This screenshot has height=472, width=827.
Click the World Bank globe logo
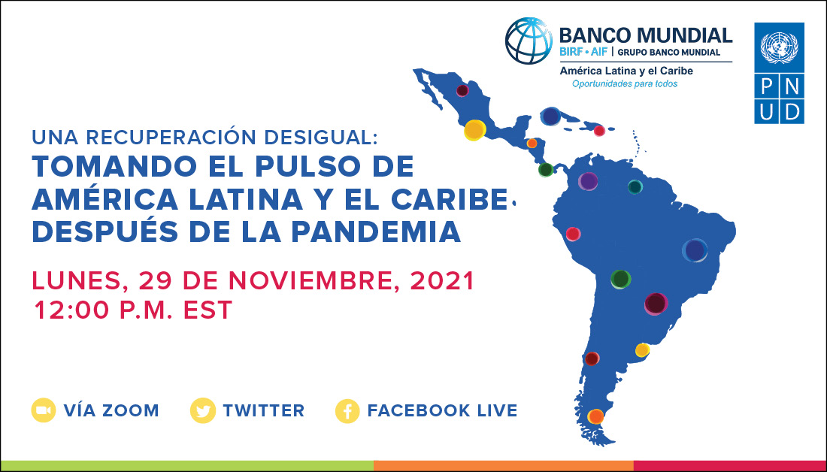pos(529,41)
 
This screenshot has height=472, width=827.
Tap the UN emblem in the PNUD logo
pos(780,47)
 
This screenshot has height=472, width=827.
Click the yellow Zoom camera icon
pos(44,410)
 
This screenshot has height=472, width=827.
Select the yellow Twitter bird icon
pos(202,410)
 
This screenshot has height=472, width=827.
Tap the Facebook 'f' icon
pos(347,410)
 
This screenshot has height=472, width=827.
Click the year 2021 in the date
pos(444,281)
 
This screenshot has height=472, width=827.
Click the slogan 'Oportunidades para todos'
pos(624,83)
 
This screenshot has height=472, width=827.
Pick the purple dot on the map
pos(588,181)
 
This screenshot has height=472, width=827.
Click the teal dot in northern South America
pos(635,186)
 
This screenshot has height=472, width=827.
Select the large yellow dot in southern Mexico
pos(474,130)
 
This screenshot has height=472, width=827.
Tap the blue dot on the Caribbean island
pos(551,116)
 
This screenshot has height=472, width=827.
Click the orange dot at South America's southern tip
pos(595,416)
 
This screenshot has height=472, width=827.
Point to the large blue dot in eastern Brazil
pos(695,250)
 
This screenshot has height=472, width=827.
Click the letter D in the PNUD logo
pos(792,111)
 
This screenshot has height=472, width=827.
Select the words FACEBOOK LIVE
pos(442,410)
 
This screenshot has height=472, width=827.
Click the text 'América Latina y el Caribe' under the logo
pos(626,71)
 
